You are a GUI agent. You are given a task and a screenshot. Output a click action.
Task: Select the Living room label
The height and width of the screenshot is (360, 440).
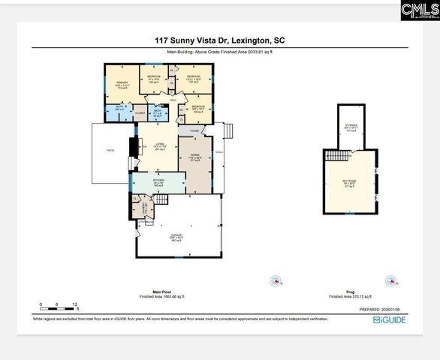coord(159,145)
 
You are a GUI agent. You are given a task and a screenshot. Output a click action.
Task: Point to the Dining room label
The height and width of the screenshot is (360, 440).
coord(194,157)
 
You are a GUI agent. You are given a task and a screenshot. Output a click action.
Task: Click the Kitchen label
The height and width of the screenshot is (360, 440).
coord(158,182)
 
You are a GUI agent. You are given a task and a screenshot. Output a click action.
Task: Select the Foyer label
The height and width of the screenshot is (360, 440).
coord(194,130)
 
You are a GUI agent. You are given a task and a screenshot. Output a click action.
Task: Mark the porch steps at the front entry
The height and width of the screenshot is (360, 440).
coord(231,133)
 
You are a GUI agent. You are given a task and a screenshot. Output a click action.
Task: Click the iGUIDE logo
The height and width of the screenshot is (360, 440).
coord(390,319)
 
